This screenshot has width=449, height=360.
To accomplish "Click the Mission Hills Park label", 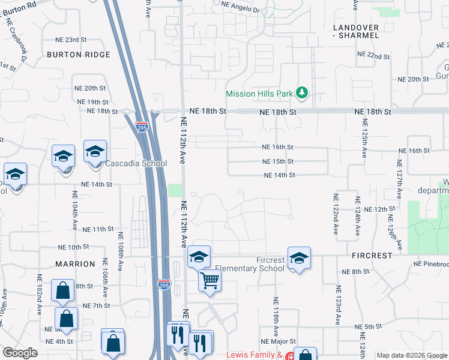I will pos(259,94).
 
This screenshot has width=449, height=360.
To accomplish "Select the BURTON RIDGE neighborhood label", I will pos(79,55).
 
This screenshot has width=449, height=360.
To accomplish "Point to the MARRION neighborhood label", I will pos(76,264).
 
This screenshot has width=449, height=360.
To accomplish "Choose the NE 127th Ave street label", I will pos(398,180).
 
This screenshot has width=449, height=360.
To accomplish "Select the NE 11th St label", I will pos(98,229).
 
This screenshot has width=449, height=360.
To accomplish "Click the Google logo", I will pos(20,353).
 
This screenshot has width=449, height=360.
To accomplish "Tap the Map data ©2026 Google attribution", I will pos(412,355).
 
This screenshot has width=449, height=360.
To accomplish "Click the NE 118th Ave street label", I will pos(276,316).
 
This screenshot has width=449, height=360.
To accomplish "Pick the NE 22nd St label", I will pos(373,55).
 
